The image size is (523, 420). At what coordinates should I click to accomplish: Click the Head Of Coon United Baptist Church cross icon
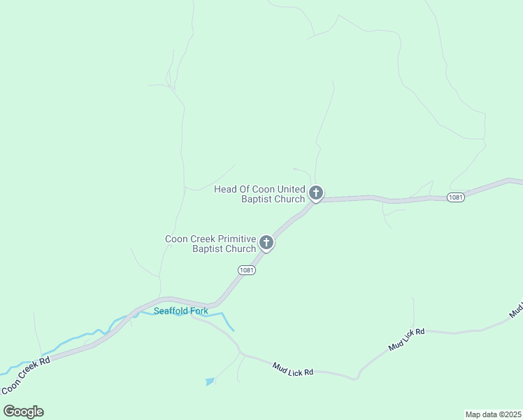click(x=316, y=192)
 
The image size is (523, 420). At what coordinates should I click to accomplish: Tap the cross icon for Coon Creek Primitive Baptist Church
click(x=266, y=243)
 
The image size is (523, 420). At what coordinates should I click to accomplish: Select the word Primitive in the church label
click(x=234, y=239)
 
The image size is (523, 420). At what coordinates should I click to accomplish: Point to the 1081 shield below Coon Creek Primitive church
click(x=246, y=270)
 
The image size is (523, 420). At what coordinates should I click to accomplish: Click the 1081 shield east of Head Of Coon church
click(x=455, y=197)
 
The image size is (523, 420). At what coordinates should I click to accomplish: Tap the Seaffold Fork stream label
click(x=181, y=311)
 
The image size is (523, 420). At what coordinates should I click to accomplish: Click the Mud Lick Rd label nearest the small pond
click(x=292, y=368)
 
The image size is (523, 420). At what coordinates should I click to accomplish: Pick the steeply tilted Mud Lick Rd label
click(x=407, y=339)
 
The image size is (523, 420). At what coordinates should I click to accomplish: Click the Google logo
click(x=23, y=411)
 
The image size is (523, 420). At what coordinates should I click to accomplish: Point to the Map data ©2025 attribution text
click(x=494, y=414)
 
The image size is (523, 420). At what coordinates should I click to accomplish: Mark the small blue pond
click(x=210, y=381)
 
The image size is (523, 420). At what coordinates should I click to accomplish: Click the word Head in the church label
click(x=227, y=189)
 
